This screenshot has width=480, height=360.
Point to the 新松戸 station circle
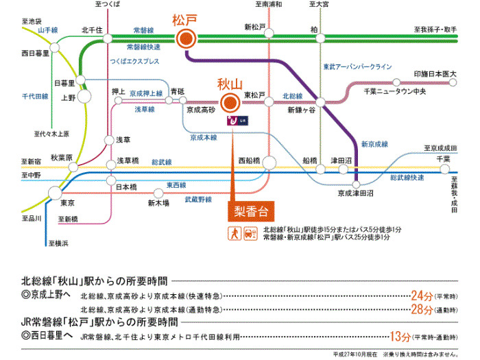(268, 38)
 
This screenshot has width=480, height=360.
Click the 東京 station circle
(67, 189)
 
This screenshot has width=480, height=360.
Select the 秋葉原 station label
(61, 157)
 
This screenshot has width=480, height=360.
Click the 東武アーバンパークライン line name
(357, 67)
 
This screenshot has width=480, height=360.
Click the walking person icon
(235, 233)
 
